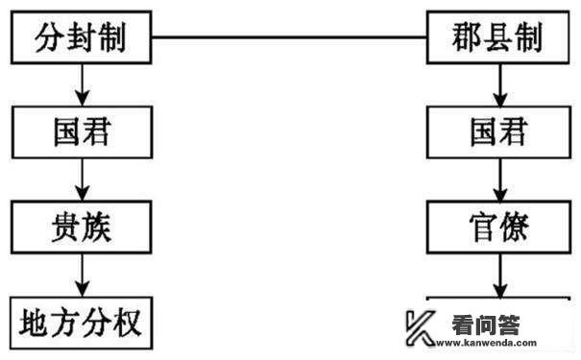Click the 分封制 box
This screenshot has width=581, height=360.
(x=82, y=37)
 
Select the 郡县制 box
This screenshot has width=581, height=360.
(x=496, y=37)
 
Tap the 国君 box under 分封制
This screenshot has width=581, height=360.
(x=82, y=132)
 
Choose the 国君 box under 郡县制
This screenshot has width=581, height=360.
(x=496, y=132)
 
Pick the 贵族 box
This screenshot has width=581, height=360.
(x=82, y=227)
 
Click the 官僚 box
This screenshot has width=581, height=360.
(x=496, y=227)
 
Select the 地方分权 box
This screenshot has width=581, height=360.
(x=82, y=322)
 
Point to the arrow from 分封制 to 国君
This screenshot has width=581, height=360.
(x=83, y=84)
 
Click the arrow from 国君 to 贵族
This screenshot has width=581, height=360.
(x=83, y=180)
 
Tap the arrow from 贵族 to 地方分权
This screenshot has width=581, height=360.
(x=83, y=275)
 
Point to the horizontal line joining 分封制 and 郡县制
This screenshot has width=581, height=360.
(x=289, y=38)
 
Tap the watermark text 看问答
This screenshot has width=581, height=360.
(x=485, y=324)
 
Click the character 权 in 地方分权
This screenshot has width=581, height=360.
(x=126, y=322)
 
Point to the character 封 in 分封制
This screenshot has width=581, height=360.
(x=82, y=37)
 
